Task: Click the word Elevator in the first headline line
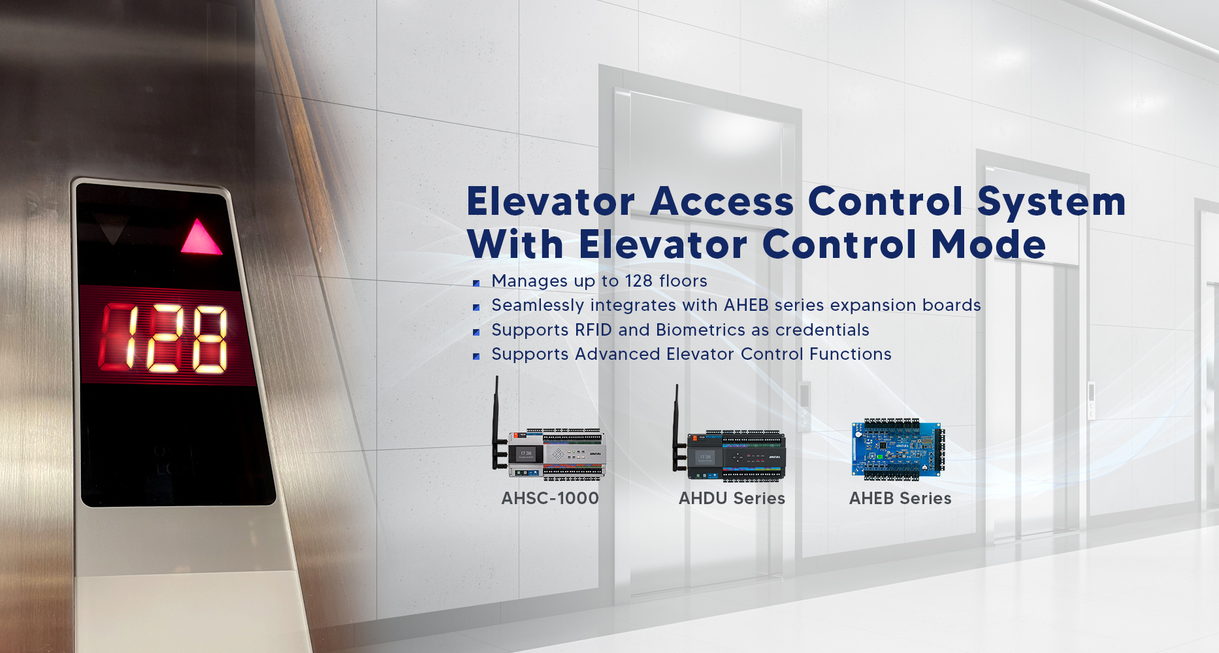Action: coord(550,201)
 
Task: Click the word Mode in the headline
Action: coord(988,244)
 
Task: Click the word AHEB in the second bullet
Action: coord(746,305)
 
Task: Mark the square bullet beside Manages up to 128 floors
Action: coord(476,283)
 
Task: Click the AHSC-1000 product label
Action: coord(550,498)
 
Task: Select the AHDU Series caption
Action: coord(732,498)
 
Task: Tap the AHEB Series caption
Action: coord(900,498)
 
